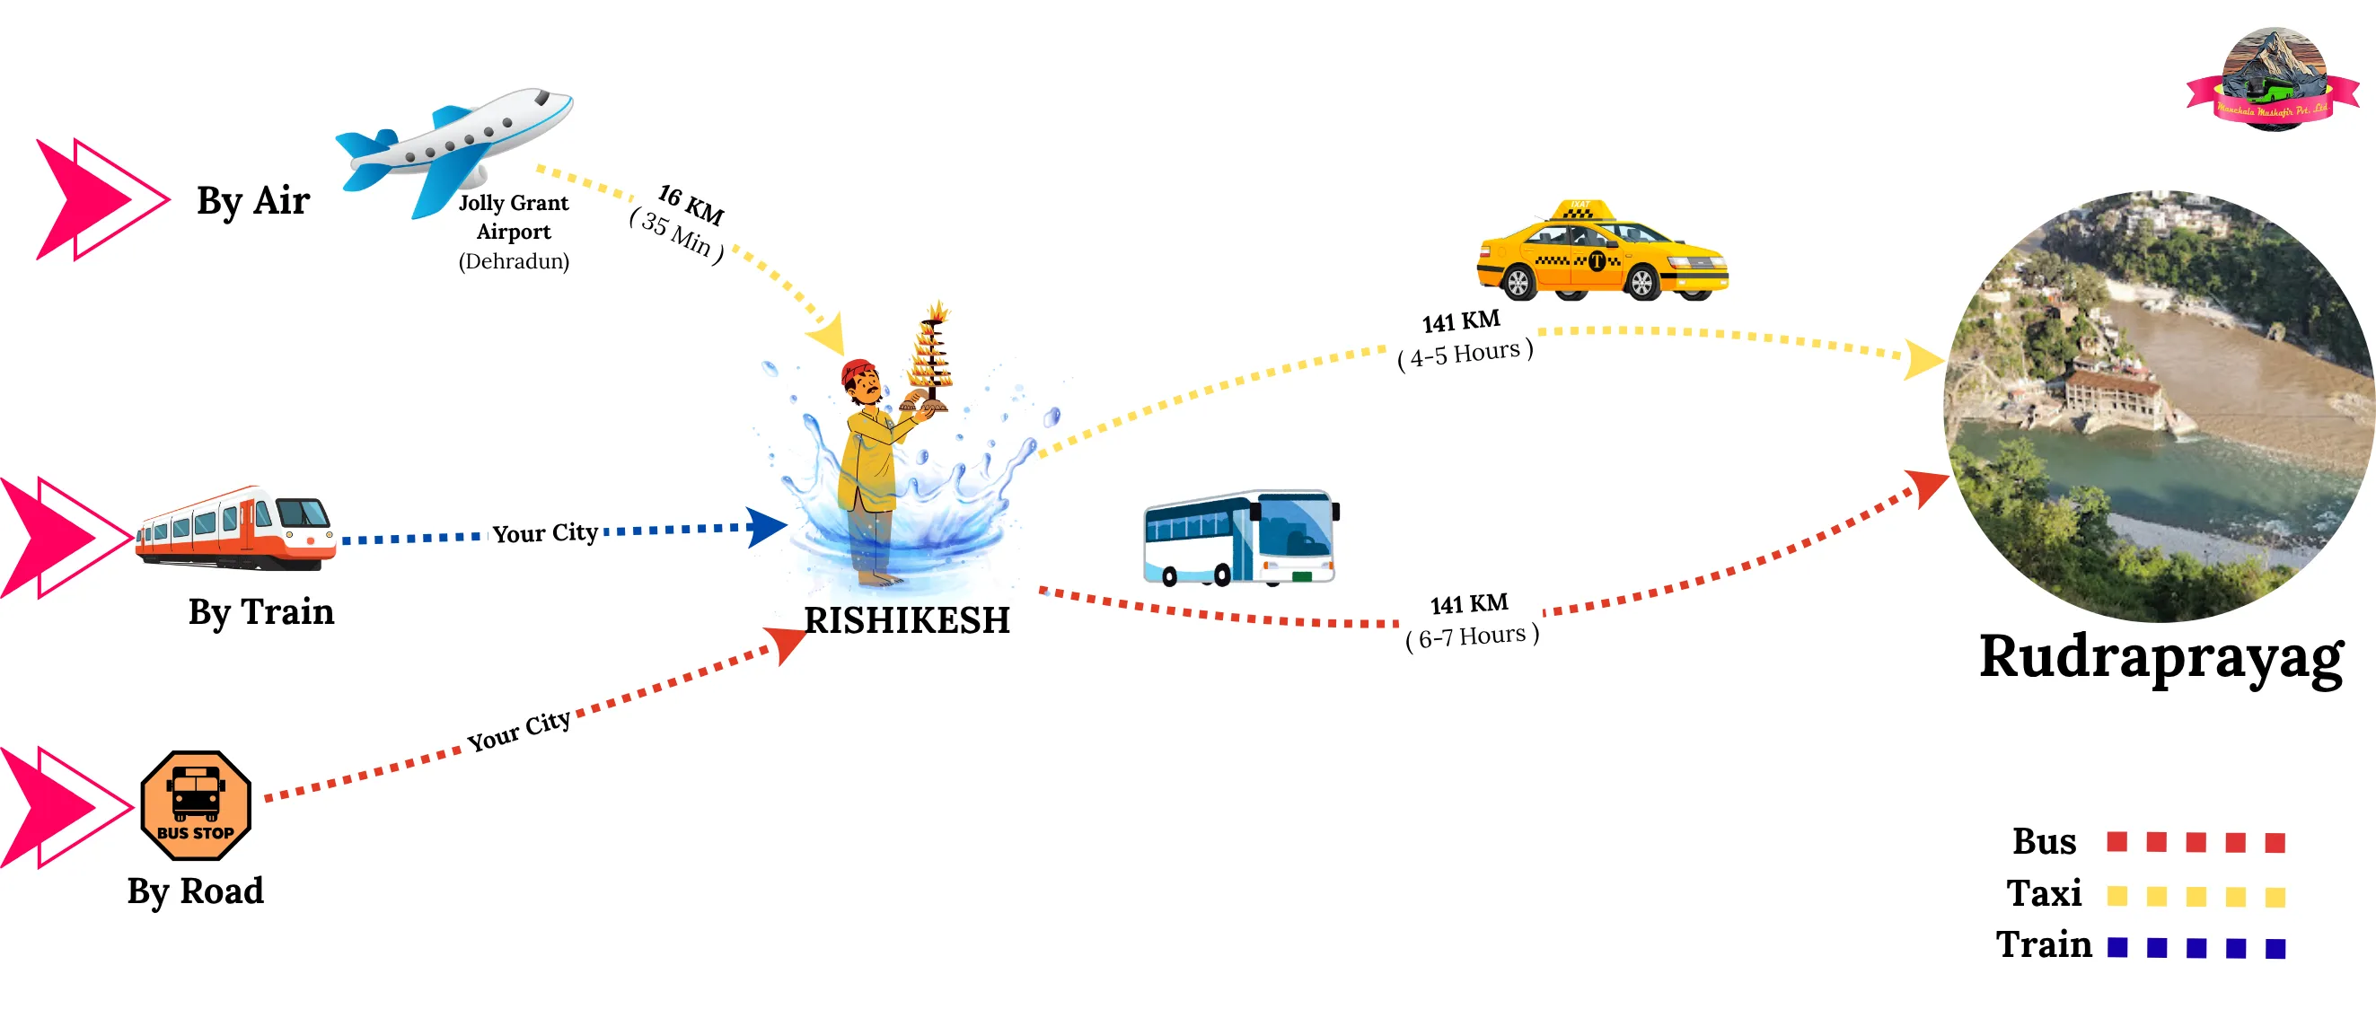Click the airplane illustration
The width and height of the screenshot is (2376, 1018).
452,147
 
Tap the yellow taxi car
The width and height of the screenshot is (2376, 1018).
1601,252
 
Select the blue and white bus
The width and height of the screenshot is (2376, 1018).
1241,539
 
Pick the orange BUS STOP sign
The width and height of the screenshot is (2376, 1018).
196,805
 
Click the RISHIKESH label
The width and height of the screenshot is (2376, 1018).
907,620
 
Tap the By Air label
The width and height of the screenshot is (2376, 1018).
253,201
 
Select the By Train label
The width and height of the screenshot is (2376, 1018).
261,612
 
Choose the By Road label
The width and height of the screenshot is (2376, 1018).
196,891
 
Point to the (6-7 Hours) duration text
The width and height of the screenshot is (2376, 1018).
1472,636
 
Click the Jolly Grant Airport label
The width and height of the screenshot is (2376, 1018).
514,217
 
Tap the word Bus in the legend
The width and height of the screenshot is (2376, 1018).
2044,842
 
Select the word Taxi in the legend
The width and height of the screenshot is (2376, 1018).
2044,893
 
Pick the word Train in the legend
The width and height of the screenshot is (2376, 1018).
2044,945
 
